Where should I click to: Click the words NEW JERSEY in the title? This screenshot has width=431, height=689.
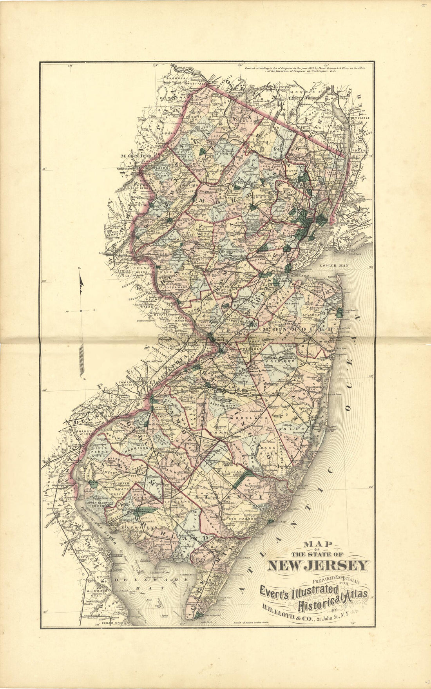pyautogui.click(x=318, y=565)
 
